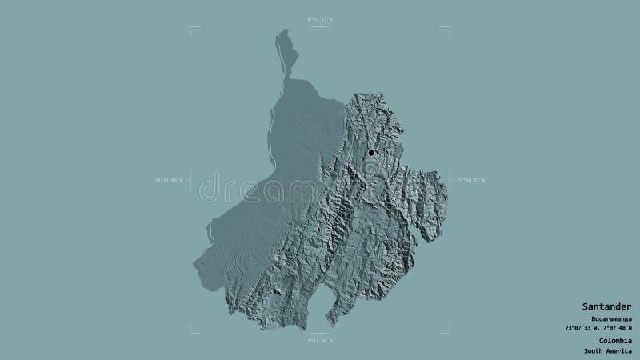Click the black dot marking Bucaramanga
pos(371,153)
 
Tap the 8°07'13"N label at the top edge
pos(320,18)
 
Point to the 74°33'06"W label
pos(168,181)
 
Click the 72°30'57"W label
pos(472,181)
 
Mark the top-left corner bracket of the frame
pos(192,29)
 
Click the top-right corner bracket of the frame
pos(448,29)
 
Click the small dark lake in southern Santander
pos(277,292)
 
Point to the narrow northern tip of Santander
pos(282,34)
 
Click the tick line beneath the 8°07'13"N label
pos(320,28)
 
